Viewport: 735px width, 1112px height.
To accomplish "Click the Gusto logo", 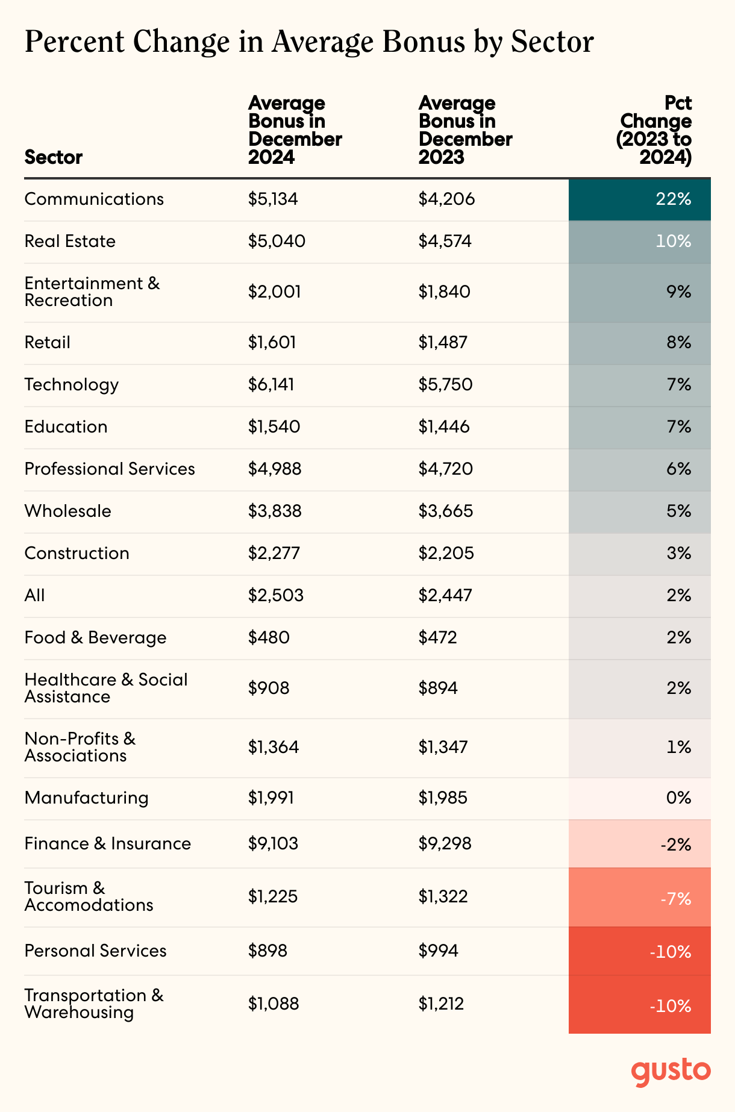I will [671, 1070].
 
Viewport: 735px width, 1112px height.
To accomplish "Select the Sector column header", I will [54, 157].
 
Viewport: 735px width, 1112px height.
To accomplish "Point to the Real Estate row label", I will [70, 242].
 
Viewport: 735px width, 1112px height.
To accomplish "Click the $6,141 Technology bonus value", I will [271, 385].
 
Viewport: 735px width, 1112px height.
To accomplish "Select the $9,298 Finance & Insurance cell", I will [445, 843].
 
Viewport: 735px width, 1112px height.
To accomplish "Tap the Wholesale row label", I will [67, 511].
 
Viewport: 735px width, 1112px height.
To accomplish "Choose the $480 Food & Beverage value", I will [269, 638].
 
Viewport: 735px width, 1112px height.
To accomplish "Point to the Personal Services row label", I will [95, 951].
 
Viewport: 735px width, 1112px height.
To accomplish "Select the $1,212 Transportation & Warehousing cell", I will [442, 1004].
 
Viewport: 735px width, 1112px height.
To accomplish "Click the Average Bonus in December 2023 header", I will [465, 130].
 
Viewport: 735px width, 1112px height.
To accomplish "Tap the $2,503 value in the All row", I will [276, 596].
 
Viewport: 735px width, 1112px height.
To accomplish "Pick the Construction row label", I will [77, 554].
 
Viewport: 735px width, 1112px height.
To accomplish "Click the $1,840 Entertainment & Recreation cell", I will [445, 292].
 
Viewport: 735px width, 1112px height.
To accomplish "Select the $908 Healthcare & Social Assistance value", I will [269, 689].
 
